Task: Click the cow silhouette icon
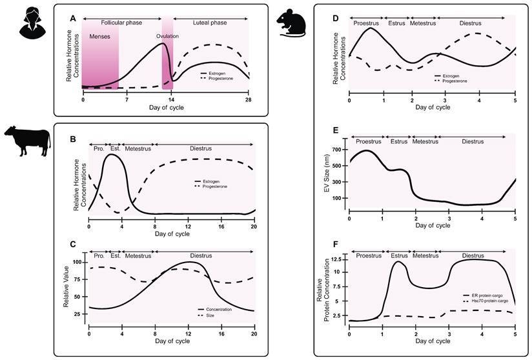(26, 139)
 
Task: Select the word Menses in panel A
(99, 37)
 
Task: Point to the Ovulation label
(167, 36)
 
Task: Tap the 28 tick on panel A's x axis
(249, 100)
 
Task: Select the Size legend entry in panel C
(210, 315)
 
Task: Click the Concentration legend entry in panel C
(220, 310)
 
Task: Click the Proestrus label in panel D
(366, 23)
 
